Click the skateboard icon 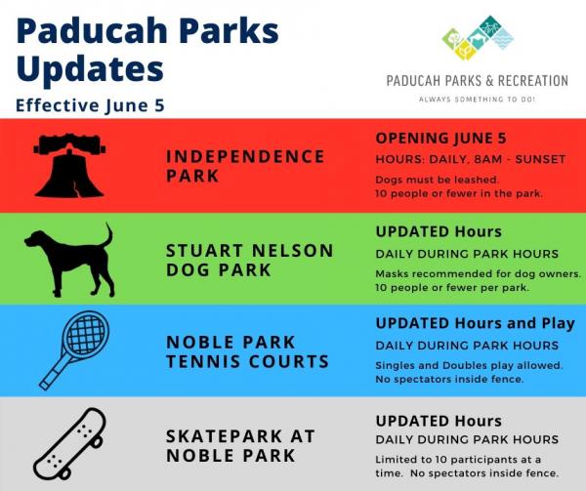69,441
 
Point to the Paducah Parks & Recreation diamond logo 478,38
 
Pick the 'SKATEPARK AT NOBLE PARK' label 240,444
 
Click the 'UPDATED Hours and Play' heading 475,323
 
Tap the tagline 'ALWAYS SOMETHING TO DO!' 478,101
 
